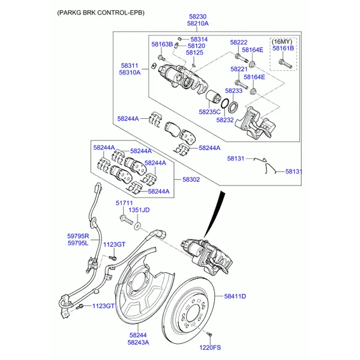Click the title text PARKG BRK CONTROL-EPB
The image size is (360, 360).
tap(101, 12)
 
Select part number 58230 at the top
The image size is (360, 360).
tap(197, 17)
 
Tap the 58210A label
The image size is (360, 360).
tap(197, 24)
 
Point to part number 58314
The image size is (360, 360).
tap(199, 39)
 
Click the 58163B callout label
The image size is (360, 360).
tap(162, 44)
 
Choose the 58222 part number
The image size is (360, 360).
tap(239, 43)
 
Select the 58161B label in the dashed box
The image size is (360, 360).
tap(283, 48)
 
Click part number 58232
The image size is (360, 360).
tap(224, 120)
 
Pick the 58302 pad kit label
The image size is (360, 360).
tap(191, 179)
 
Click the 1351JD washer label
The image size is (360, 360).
tap(139, 210)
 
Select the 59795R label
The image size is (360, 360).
tap(78, 236)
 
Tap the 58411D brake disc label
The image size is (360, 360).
tap(236, 296)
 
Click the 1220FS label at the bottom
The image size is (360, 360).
tap(210, 347)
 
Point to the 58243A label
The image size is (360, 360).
tap(138, 343)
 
